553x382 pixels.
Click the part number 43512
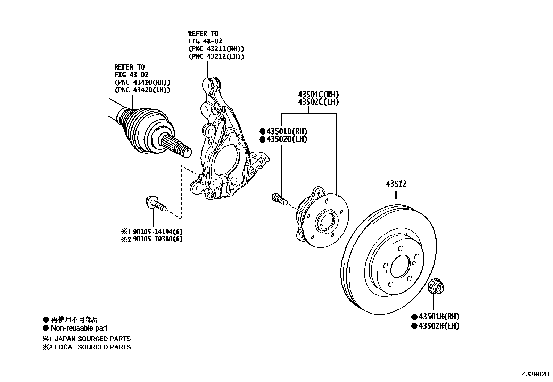pos(396,184)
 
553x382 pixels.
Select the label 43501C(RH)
pos(318,95)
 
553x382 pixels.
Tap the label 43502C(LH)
pos(318,102)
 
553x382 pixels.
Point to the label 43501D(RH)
pos(287,131)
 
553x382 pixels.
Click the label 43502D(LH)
pos(287,139)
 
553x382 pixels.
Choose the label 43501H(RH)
pos(439,317)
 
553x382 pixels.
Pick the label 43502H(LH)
pos(439,326)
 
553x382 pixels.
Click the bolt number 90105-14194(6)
pos(158,231)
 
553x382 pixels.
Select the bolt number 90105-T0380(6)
pos(158,239)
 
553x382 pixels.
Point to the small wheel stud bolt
pos(279,199)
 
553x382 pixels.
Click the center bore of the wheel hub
pos(326,221)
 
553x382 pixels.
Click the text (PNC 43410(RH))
pos(142,82)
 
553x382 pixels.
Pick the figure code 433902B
pos(535,374)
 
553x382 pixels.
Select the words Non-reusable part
pos(79,328)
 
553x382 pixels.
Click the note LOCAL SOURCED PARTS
pos(93,347)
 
